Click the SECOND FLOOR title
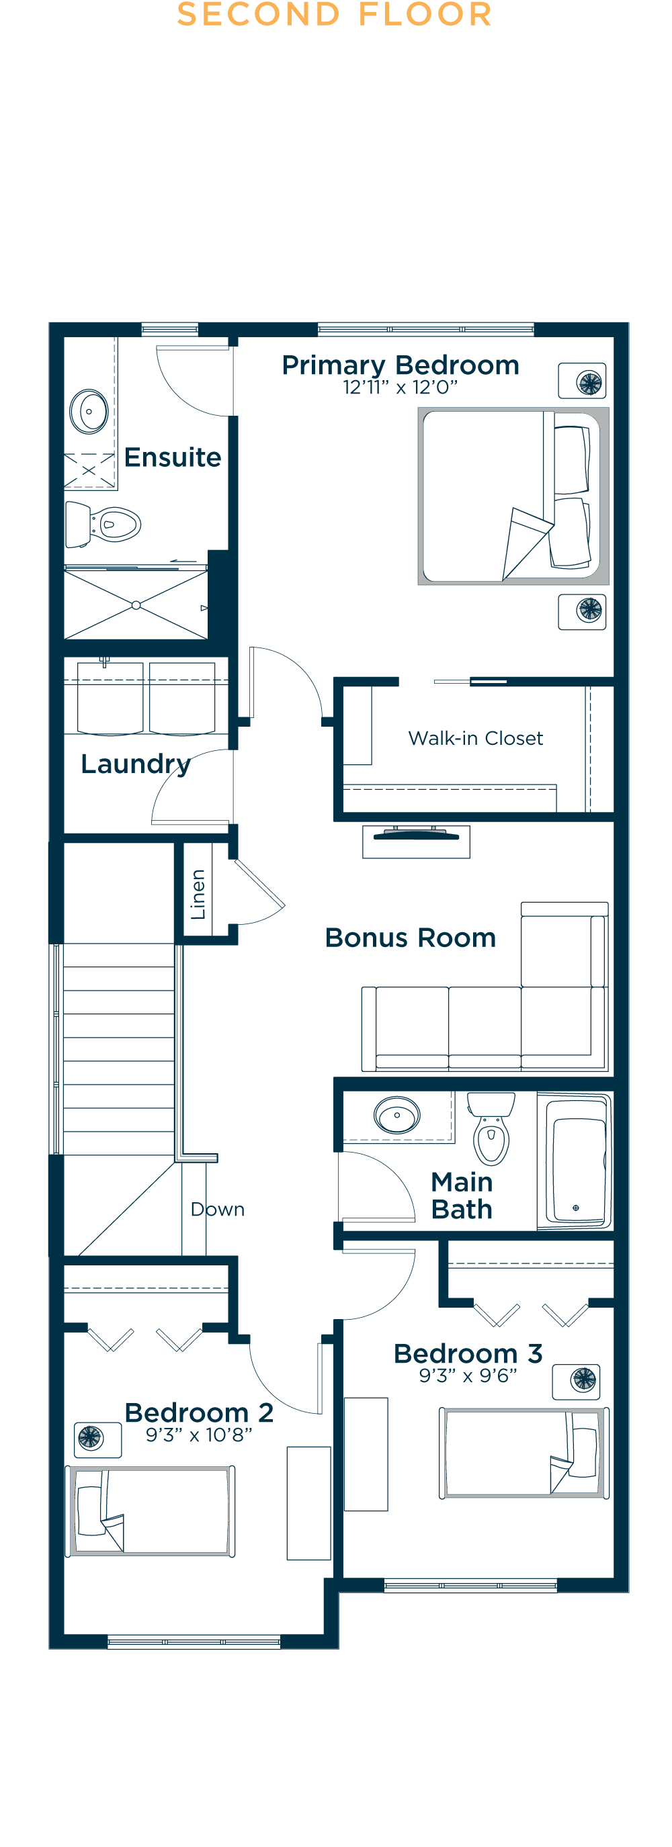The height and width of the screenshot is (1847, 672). (334, 15)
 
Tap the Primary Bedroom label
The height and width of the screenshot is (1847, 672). (401, 365)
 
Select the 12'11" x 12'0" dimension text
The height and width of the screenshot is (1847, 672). (401, 388)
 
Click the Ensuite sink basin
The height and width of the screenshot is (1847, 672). (89, 412)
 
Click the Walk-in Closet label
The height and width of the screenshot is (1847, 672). (476, 739)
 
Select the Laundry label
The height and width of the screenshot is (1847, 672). (136, 764)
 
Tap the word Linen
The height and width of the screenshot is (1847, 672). (198, 894)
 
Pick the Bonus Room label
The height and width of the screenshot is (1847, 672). (410, 938)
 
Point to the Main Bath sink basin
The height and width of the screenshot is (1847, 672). (396, 1116)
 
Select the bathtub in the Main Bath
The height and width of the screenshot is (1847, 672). (575, 1160)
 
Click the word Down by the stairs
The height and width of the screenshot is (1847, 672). (217, 1210)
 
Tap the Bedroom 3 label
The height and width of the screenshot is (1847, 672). (468, 1354)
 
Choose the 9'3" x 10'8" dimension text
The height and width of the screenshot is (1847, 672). (199, 1435)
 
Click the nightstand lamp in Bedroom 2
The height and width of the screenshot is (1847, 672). (91, 1437)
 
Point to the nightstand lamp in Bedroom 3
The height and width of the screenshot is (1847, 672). (583, 1379)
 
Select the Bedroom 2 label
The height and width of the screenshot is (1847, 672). (199, 1412)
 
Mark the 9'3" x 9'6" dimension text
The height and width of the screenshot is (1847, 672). (468, 1376)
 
